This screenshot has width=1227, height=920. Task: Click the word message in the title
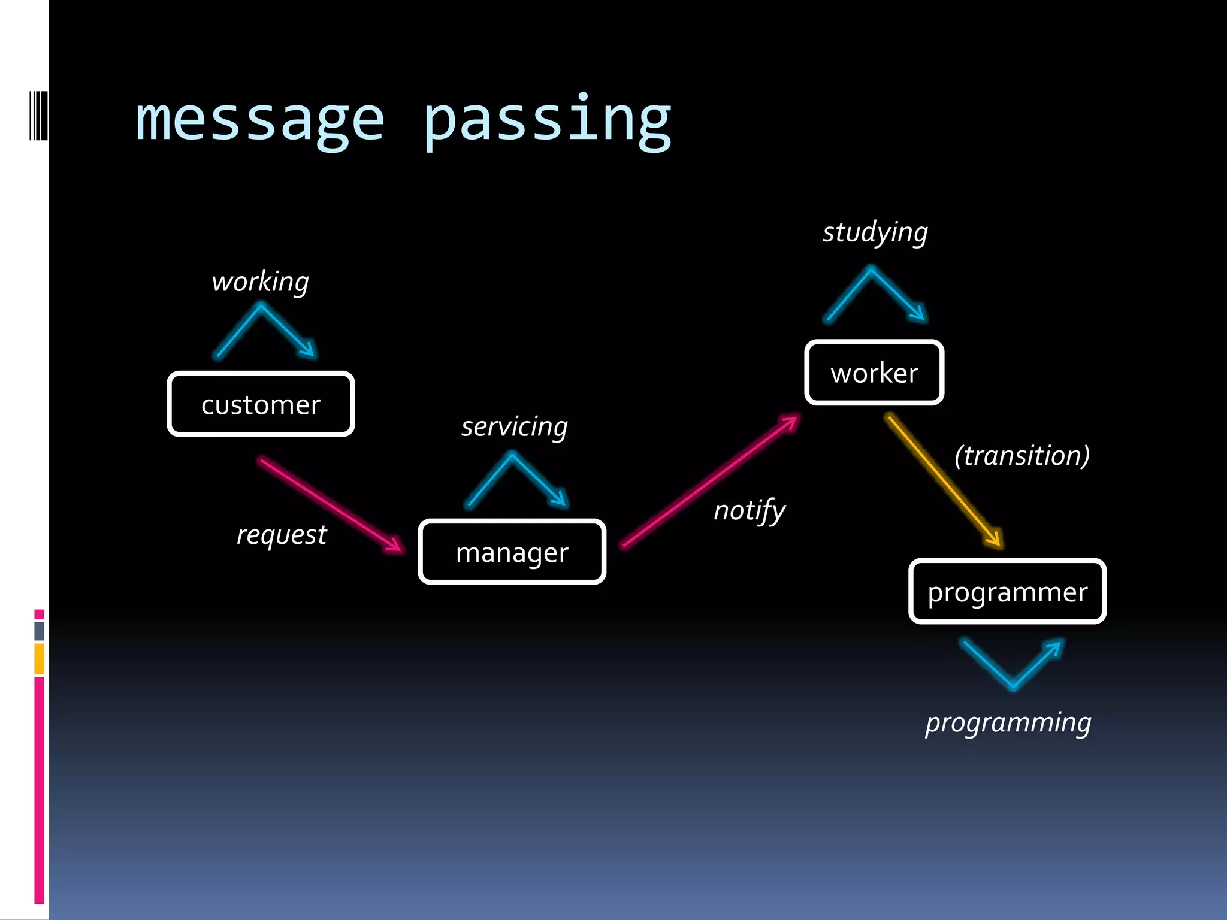tap(259, 120)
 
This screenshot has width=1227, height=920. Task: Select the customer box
tap(261, 404)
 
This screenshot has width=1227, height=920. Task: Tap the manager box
tap(512, 552)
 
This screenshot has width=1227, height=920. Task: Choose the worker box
tap(874, 373)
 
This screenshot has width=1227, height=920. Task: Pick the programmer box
tap(1007, 592)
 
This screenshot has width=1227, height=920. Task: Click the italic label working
tap(260, 282)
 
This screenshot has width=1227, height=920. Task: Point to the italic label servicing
tap(514, 427)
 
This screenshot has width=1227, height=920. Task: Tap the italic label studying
tap(875, 232)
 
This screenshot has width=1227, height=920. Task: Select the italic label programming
tap(1008, 723)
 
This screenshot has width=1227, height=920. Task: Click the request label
tap(282, 535)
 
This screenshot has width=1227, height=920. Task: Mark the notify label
tap(749, 511)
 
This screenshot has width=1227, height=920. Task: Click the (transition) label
tap(1022, 456)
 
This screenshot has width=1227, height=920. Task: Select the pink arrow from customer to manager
tap(331, 504)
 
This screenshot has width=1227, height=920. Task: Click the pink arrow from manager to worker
tap(711, 481)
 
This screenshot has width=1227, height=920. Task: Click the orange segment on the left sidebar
tap(39, 658)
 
